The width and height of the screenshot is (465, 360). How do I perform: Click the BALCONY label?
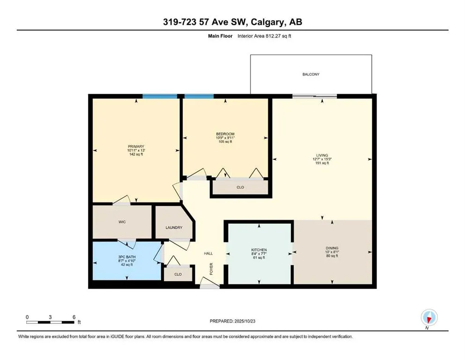pyautogui.click(x=311, y=74)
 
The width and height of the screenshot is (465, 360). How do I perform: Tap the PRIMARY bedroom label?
pyautogui.click(x=136, y=146)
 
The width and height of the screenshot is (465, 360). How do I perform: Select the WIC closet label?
pyautogui.click(x=122, y=221)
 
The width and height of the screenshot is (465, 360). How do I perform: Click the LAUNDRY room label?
pyautogui.click(x=174, y=228)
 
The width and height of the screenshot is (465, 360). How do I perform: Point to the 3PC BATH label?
pyautogui.click(x=126, y=257)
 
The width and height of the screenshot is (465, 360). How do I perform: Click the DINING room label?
pyautogui.click(x=332, y=248)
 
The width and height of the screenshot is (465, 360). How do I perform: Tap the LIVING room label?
pyautogui.click(x=322, y=155)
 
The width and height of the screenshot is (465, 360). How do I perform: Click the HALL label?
pyautogui.click(x=208, y=254)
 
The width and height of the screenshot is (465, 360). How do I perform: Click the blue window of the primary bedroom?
pyautogui.click(x=160, y=96)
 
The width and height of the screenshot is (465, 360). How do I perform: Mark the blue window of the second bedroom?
pyautogui.click(x=199, y=96)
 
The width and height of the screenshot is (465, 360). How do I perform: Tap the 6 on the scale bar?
pyautogui.click(x=74, y=316)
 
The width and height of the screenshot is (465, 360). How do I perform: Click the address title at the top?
pyautogui.click(x=232, y=22)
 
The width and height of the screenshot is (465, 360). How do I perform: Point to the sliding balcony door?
pyautogui.click(x=315, y=96)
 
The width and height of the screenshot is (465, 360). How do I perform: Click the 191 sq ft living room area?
pyautogui.click(x=322, y=163)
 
